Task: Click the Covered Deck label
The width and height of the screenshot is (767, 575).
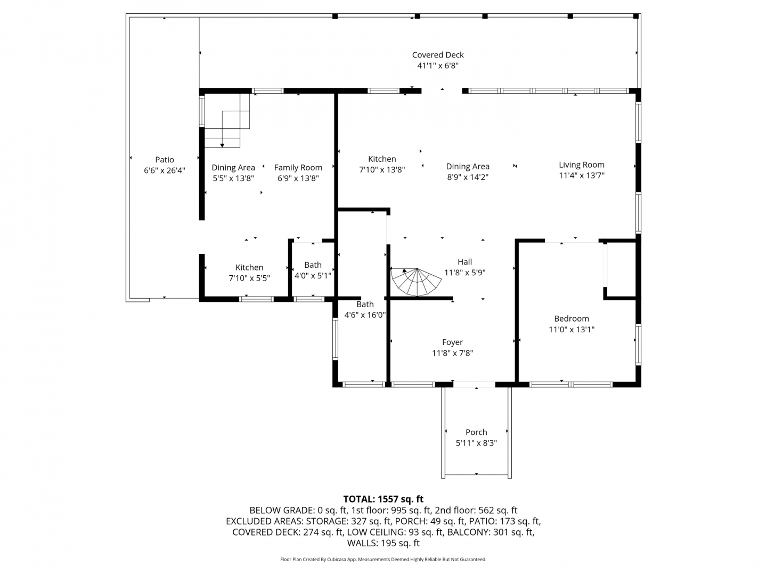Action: click(437, 55)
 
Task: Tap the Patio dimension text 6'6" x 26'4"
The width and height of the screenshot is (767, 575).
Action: click(164, 170)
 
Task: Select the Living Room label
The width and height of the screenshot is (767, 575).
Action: click(581, 165)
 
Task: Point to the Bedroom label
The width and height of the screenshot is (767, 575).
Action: click(572, 318)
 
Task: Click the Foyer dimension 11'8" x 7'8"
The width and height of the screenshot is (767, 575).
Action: click(452, 353)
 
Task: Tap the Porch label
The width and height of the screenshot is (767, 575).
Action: click(476, 432)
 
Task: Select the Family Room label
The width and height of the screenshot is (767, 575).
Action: click(298, 168)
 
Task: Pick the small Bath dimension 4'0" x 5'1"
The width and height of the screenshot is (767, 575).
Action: click(312, 276)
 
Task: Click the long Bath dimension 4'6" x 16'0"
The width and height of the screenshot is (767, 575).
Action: click(365, 315)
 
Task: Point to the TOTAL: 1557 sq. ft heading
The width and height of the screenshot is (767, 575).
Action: click(383, 499)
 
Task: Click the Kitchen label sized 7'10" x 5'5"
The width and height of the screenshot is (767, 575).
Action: click(249, 267)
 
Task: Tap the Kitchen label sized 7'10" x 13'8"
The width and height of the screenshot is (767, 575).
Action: click(382, 159)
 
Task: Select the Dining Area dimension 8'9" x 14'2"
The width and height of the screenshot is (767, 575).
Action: click(468, 177)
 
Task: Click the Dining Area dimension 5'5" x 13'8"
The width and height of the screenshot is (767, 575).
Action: click(233, 178)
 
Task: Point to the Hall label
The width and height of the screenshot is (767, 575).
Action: click(465, 262)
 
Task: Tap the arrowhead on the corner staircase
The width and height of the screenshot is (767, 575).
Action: click(222, 145)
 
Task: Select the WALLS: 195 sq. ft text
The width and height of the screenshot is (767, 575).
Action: click(383, 543)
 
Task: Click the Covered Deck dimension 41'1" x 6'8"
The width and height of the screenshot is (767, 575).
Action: click(437, 65)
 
